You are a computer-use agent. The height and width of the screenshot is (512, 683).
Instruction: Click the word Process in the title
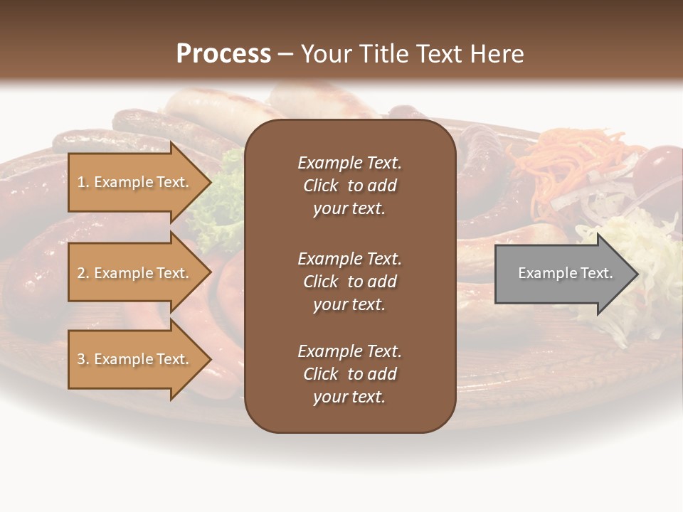223,54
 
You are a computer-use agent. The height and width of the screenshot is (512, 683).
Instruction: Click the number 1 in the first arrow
81,182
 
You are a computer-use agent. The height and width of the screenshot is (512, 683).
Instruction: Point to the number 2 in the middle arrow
81,273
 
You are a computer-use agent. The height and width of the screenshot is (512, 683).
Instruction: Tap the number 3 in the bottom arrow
81,359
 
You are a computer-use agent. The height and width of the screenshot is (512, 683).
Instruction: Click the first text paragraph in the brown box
349,186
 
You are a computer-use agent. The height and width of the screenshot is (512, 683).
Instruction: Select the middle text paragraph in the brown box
349,282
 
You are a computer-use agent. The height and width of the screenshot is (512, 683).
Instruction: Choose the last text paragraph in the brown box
349,374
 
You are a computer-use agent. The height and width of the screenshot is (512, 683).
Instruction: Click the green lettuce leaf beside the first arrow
226,199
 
